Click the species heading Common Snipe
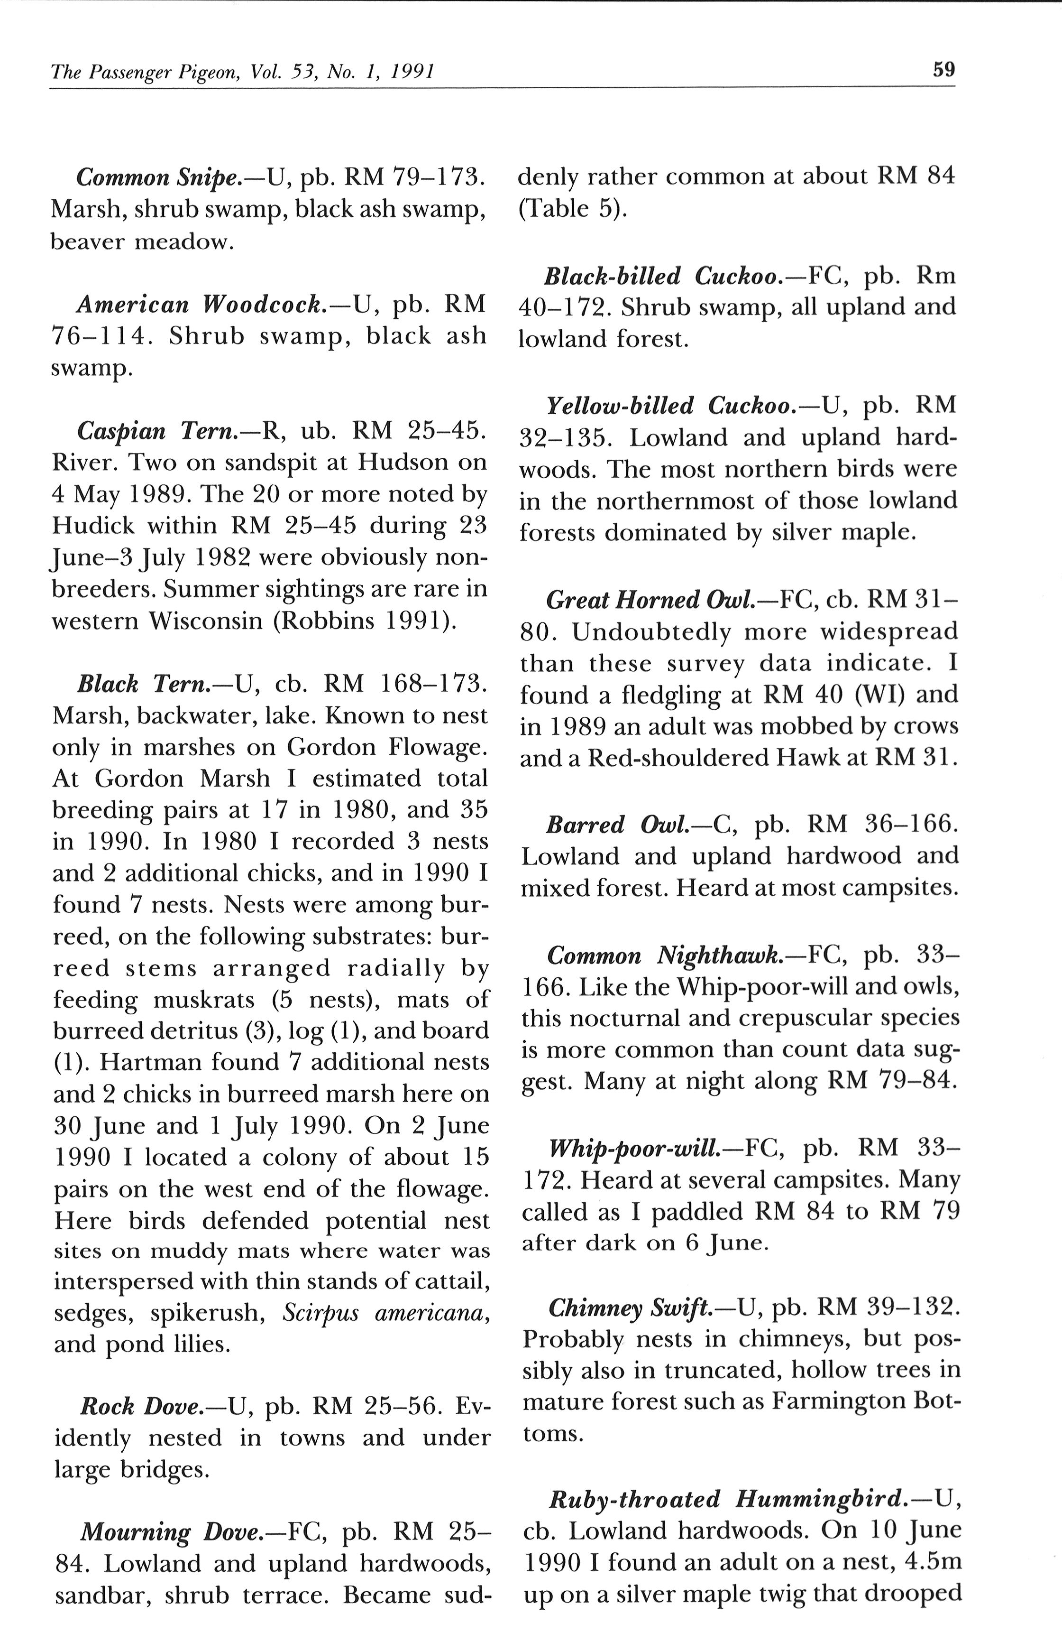(157, 177)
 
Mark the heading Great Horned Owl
(650, 600)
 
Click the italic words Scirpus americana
(386, 1312)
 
